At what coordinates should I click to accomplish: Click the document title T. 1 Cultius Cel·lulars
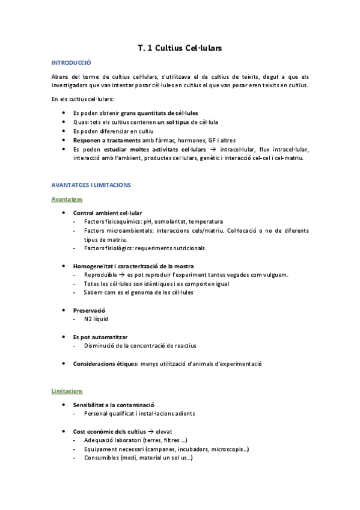pyautogui.click(x=180, y=48)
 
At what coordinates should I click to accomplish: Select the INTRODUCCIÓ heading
pyautogui.click(x=71, y=62)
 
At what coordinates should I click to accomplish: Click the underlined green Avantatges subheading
pyautogui.click(x=67, y=198)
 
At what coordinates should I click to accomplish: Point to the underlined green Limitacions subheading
pyautogui.click(x=67, y=391)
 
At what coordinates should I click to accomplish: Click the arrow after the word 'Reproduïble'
pyautogui.click(x=121, y=275)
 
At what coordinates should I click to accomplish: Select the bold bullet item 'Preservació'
pyautogui.click(x=89, y=310)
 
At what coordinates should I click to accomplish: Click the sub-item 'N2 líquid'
pyautogui.click(x=96, y=319)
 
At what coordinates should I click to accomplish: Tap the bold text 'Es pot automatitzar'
pyautogui.click(x=100, y=337)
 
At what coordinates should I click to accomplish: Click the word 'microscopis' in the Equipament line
pyautogui.click(x=228, y=449)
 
